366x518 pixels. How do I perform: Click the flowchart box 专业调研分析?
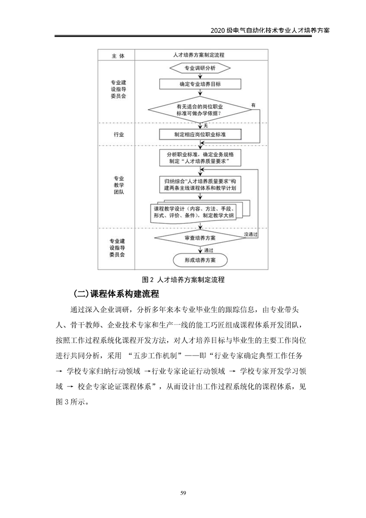(199, 68)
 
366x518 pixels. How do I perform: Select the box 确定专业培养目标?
(199, 84)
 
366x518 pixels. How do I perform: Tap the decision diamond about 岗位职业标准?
(199, 110)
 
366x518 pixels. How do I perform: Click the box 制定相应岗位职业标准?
(199, 134)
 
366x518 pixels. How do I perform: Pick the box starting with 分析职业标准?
(199, 158)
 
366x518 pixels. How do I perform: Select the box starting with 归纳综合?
(199, 184)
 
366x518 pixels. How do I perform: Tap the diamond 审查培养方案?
(199, 238)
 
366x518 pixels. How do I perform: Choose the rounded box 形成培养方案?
(199, 260)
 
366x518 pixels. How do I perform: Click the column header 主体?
(118, 55)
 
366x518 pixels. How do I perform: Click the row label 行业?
(118, 134)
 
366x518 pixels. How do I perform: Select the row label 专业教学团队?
(118, 185)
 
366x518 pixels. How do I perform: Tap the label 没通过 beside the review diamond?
(250, 235)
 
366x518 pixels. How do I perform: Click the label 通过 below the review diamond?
(208, 250)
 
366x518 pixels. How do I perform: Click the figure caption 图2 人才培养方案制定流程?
(183, 279)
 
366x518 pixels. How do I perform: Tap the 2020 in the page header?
(217, 30)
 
